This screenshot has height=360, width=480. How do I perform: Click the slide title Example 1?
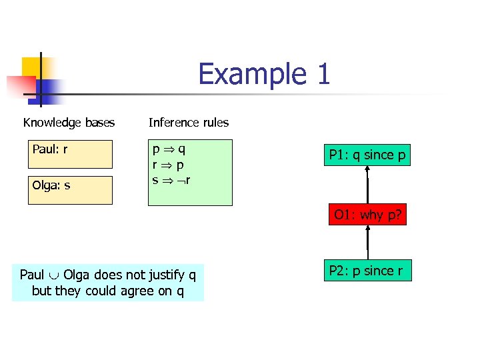pyautogui.click(x=264, y=74)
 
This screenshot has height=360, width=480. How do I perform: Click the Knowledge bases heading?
pyautogui.click(x=69, y=123)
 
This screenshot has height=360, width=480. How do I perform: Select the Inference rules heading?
pyautogui.click(x=189, y=123)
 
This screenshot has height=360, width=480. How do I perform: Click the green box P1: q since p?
pyautogui.click(x=367, y=155)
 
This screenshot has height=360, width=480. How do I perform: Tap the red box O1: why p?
pyautogui.click(x=367, y=215)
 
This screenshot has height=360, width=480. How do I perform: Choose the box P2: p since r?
pyautogui.click(x=367, y=270)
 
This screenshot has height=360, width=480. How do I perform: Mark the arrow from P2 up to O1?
pyautogui.click(x=367, y=243)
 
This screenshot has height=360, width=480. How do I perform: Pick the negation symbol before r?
pyautogui.click(x=181, y=180)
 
